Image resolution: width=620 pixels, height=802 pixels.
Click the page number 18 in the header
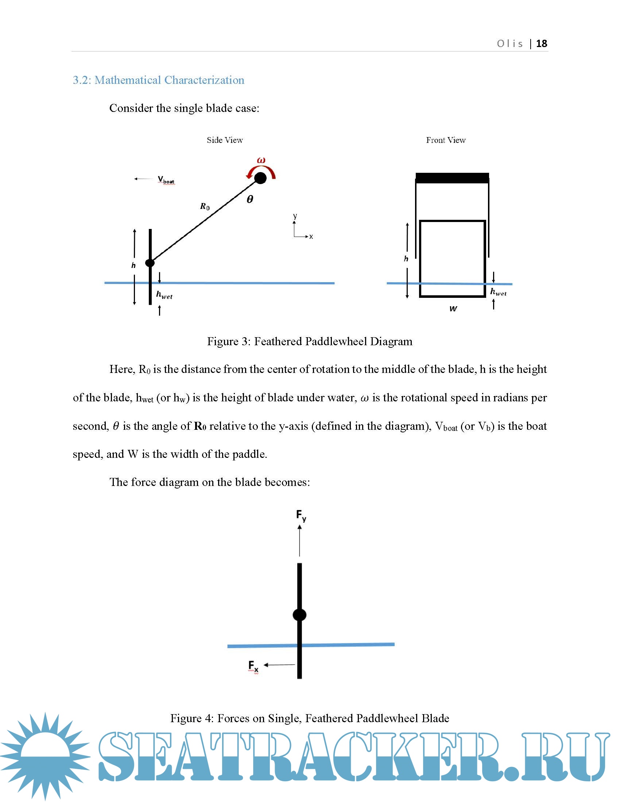tap(541, 44)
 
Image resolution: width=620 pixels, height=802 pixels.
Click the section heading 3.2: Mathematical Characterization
tap(158, 80)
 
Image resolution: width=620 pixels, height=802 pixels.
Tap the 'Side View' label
tap(225, 140)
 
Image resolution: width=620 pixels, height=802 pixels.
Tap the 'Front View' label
tap(446, 140)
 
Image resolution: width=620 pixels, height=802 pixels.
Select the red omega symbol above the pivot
tap(261, 160)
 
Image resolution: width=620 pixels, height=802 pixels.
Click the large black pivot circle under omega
tap(260, 178)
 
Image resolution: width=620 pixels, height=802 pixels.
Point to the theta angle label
tap(250, 199)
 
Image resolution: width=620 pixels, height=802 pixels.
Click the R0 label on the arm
tap(205, 207)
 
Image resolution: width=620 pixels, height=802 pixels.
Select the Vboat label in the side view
tap(166, 180)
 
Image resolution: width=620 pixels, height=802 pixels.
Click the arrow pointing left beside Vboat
tap(143, 179)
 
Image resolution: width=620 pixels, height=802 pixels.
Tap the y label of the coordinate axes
tap(295, 215)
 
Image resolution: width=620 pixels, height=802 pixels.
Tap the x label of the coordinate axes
tap(311, 237)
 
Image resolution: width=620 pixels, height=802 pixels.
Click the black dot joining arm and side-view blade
tap(150, 263)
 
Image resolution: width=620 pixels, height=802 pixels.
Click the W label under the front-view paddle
tap(453, 309)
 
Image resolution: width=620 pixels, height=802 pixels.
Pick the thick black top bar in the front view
tap(452, 178)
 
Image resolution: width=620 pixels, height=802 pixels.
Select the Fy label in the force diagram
tap(301, 515)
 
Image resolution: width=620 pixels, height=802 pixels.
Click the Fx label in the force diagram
tap(253, 665)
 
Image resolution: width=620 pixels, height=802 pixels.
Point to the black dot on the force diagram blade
tap(300, 615)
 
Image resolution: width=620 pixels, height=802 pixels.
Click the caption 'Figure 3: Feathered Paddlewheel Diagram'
tap(310, 342)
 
